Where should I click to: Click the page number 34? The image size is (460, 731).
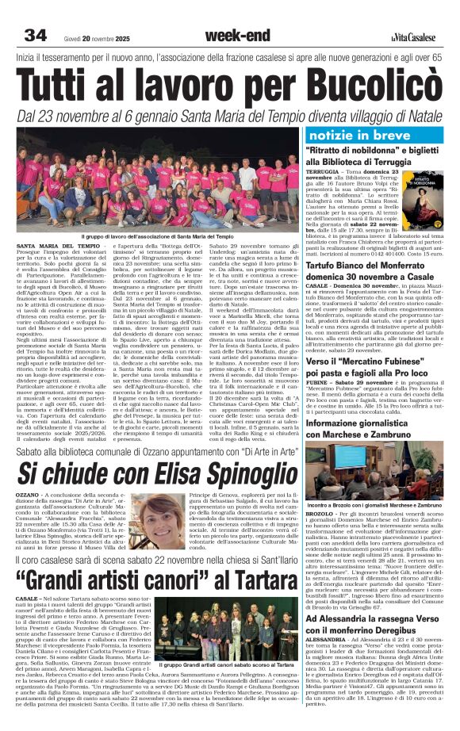point(36,35)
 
